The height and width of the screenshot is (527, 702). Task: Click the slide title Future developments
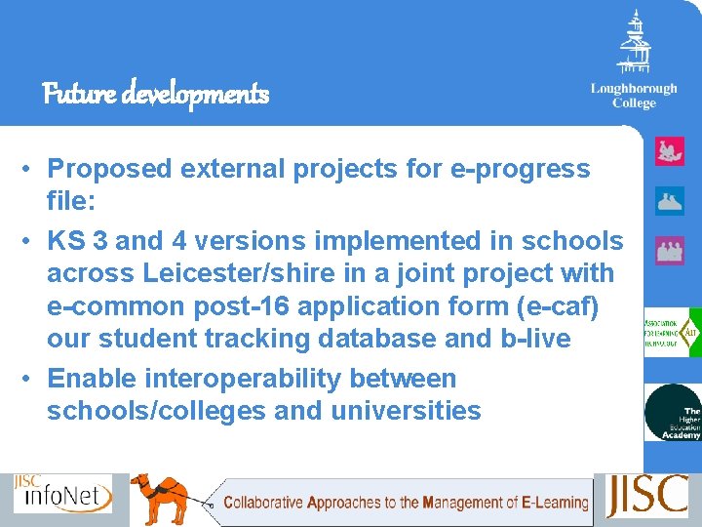(x=156, y=95)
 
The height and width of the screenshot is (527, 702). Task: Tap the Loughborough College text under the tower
(x=634, y=96)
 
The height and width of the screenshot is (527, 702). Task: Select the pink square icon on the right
(x=670, y=151)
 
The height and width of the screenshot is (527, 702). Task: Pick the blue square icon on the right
(x=670, y=201)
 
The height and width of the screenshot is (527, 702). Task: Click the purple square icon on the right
(x=670, y=250)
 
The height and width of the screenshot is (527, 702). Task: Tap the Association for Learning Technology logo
(x=672, y=333)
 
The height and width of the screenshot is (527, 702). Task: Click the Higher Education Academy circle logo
(x=673, y=413)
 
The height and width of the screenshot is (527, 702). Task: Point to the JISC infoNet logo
(x=62, y=494)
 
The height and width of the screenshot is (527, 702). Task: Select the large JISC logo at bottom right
(x=647, y=496)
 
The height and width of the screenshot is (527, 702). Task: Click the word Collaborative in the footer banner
(x=263, y=504)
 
